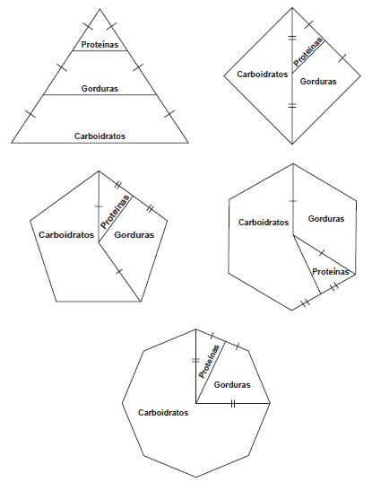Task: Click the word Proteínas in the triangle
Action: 99,45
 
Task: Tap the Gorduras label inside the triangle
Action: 99,89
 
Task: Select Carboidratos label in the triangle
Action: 99,136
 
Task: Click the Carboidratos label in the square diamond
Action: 263,74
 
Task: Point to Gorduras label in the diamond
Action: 318,82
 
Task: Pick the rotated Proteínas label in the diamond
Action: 308,52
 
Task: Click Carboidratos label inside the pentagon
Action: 66,235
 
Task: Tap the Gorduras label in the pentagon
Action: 134,235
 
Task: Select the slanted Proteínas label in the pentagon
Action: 116,212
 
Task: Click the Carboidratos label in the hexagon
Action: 264,223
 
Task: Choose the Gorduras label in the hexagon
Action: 326,219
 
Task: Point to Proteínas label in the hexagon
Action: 331,272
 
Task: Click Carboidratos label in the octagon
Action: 163,413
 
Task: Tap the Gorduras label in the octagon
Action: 232,385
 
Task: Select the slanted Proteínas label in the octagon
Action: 210,362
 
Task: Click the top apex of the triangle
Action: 99,9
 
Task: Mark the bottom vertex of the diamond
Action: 292,144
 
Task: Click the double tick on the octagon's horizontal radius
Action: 233,403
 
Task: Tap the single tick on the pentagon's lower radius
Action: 119,271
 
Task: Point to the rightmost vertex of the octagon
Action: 270,403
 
